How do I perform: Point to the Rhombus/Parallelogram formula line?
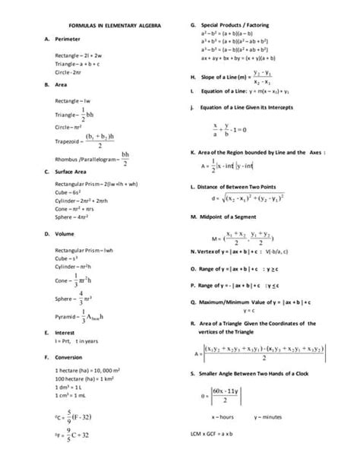[x=94, y=158]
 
